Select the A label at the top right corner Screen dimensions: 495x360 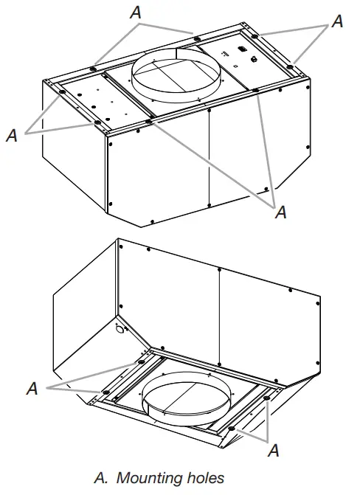337,21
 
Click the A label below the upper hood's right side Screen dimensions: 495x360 280,212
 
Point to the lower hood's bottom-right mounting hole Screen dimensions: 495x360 231,428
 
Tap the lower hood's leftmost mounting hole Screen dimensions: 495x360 105,391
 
